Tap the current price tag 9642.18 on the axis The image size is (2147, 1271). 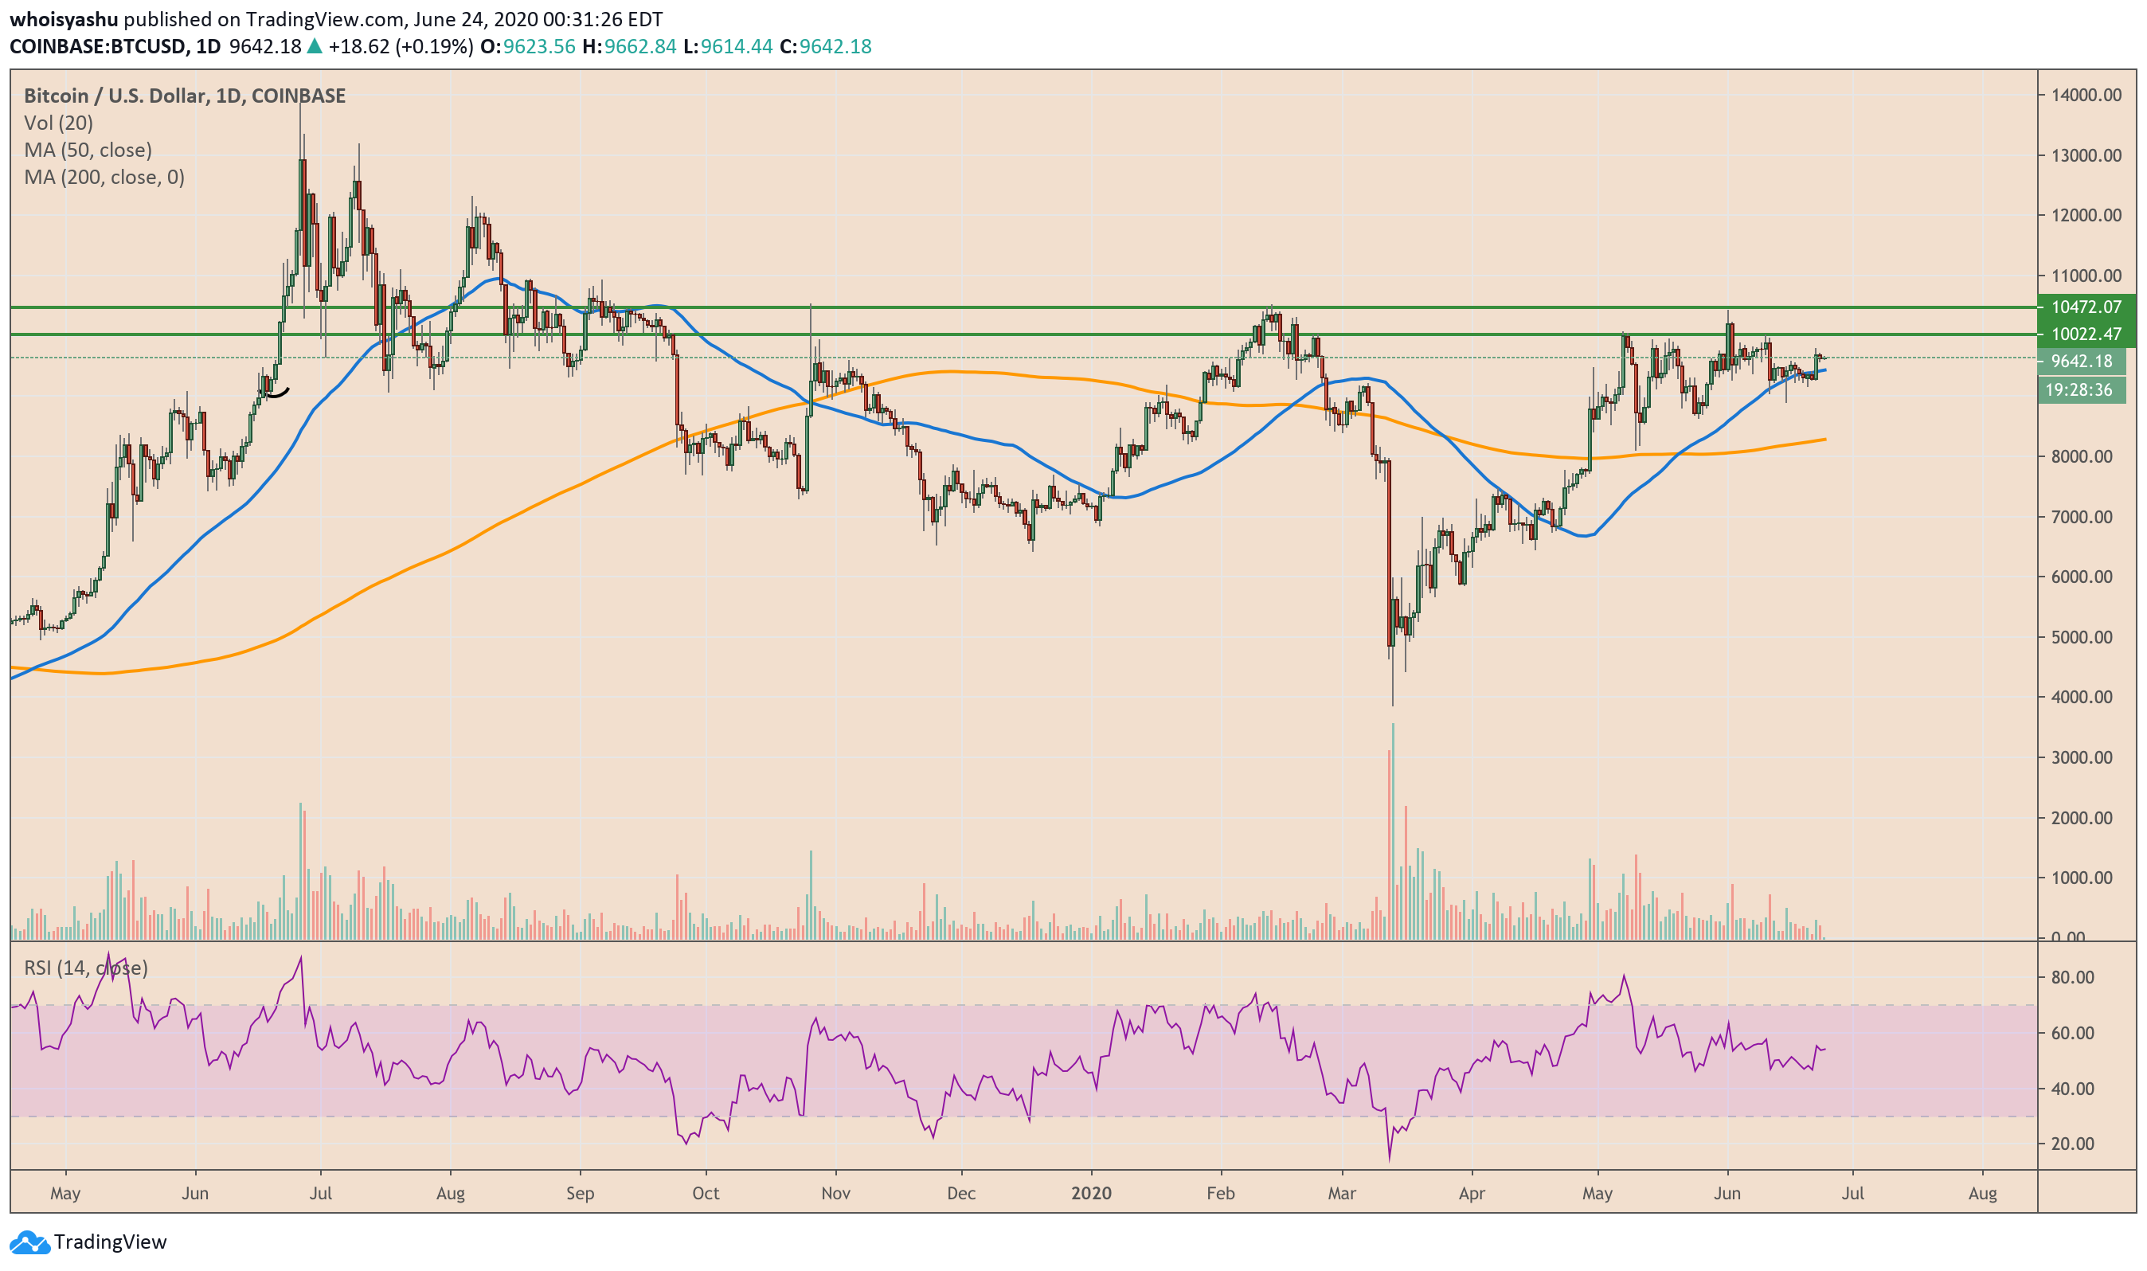pos(2081,362)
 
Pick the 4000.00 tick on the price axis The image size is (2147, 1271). pos(2082,697)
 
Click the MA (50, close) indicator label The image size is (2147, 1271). pos(88,150)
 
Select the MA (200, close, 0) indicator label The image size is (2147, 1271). pos(104,178)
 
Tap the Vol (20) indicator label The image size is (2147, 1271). pos(58,123)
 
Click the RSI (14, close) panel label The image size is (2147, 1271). pos(86,968)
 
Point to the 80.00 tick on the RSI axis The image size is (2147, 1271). pos(2072,977)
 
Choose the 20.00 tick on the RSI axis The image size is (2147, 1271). pos(2072,1144)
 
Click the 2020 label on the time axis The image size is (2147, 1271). pos(1091,1193)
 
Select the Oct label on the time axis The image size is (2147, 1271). pos(706,1193)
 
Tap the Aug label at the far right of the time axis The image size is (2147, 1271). pos(1983,1193)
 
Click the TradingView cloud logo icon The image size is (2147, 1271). pos(29,1242)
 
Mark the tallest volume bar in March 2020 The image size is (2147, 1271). pos(1394,831)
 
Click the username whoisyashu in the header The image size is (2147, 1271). pos(64,19)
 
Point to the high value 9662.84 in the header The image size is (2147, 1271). pos(639,46)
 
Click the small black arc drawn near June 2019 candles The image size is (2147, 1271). pos(276,393)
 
